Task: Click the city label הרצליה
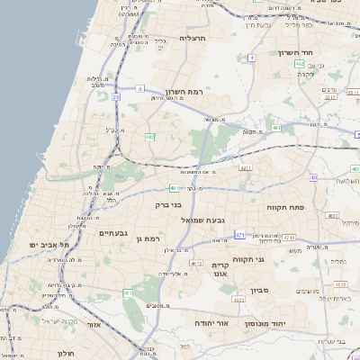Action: tap(193, 39)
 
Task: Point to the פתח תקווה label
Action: tap(287, 207)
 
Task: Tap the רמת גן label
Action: tap(144, 238)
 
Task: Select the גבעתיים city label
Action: tap(116, 232)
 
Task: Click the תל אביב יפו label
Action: tap(48, 244)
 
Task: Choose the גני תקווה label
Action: tap(272, 260)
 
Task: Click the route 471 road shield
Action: tap(239, 234)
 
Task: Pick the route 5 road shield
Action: tap(140, 88)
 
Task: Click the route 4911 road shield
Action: tap(245, 167)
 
